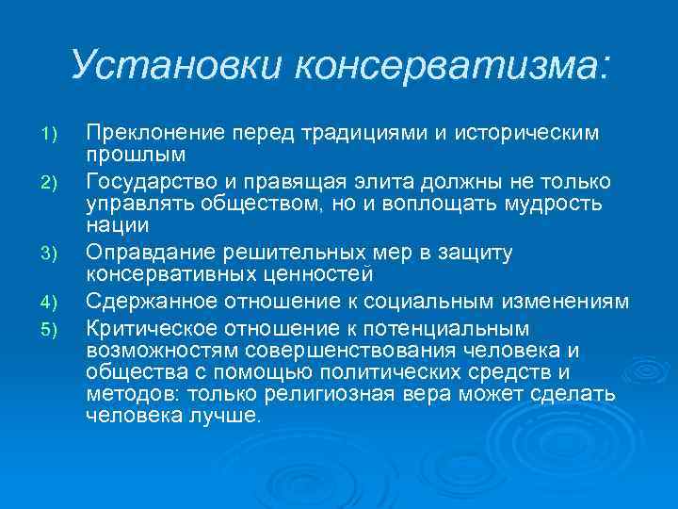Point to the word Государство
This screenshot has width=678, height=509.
tap(145, 181)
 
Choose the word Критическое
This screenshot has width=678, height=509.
tap(143, 326)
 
